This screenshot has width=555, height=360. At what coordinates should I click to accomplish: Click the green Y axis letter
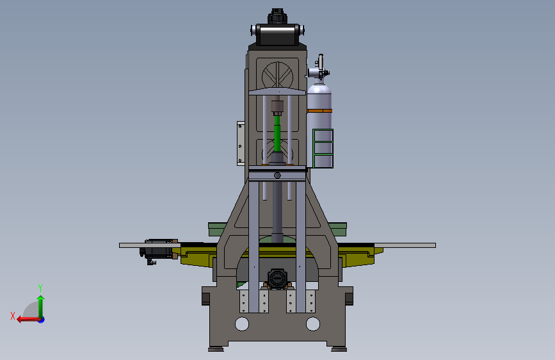(40, 288)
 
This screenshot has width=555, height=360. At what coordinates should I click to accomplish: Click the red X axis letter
(13, 316)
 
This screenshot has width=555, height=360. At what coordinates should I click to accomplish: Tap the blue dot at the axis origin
(42, 320)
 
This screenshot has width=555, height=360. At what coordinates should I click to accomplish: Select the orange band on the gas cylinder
(319, 111)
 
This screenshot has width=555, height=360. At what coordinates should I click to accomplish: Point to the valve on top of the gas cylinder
(319, 69)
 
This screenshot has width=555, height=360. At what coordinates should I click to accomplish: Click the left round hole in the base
(242, 324)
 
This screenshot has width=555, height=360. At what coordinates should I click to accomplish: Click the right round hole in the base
(313, 324)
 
